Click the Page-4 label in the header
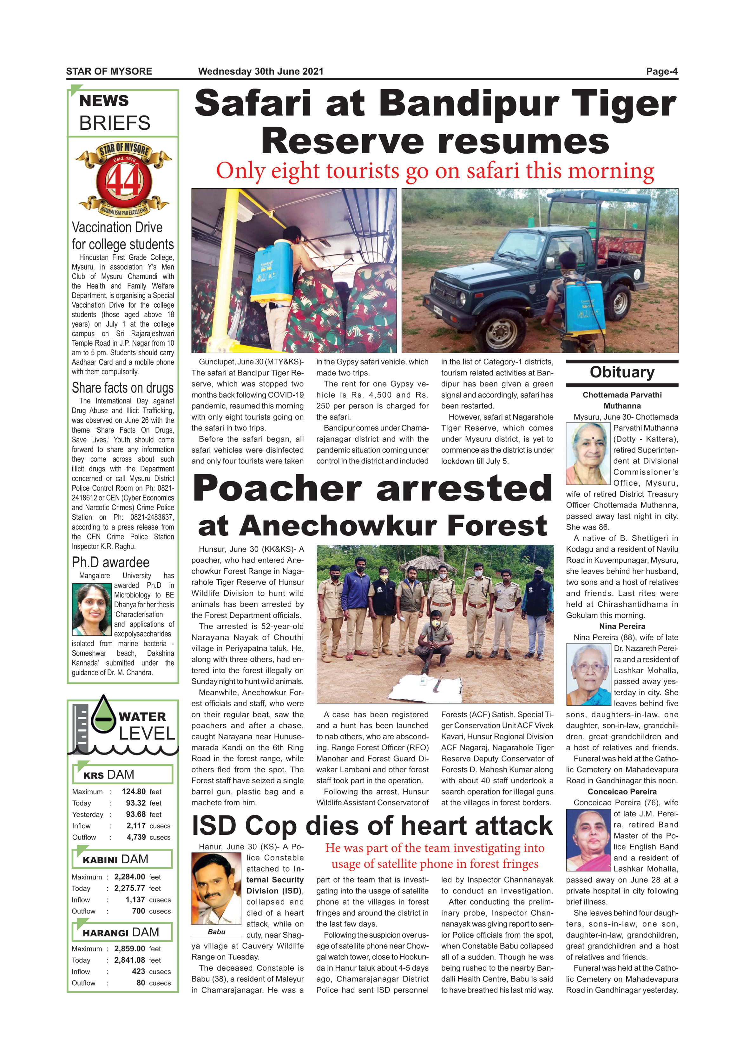[x=661, y=71]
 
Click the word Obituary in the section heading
[x=622, y=372]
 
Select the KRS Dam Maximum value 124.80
[x=134, y=792]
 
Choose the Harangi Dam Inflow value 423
[x=139, y=971]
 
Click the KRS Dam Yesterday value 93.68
[x=136, y=814]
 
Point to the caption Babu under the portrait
[x=216, y=932]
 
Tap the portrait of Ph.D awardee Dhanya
[x=92, y=609]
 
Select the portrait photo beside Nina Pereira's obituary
[x=588, y=674]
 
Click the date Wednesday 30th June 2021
[x=260, y=71]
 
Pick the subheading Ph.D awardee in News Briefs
[x=111, y=562]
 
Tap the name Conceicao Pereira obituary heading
[x=622, y=792]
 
